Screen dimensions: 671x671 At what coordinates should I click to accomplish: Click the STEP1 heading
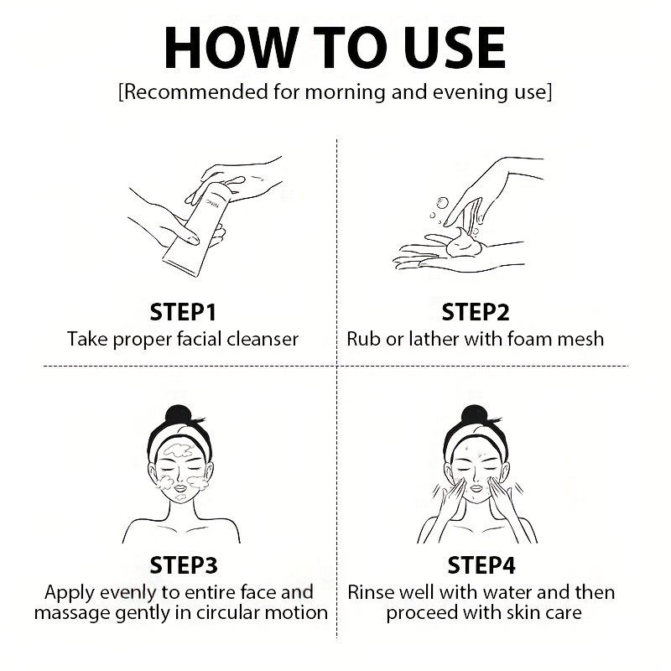click(183, 312)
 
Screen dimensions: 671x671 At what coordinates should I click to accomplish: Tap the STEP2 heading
click(476, 312)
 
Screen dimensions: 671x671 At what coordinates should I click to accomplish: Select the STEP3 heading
click(184, 564)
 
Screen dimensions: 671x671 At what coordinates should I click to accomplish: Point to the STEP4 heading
click(481, 564)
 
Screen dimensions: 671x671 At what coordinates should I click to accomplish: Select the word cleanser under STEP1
click(263, 339)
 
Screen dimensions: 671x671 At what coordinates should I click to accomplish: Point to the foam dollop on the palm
click(464, 243)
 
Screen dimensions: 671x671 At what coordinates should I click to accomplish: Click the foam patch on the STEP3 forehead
click(179, 450)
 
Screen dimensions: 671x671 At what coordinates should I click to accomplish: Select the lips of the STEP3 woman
click(180, 488)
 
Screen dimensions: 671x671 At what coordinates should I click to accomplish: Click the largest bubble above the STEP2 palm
click(442, 202)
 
